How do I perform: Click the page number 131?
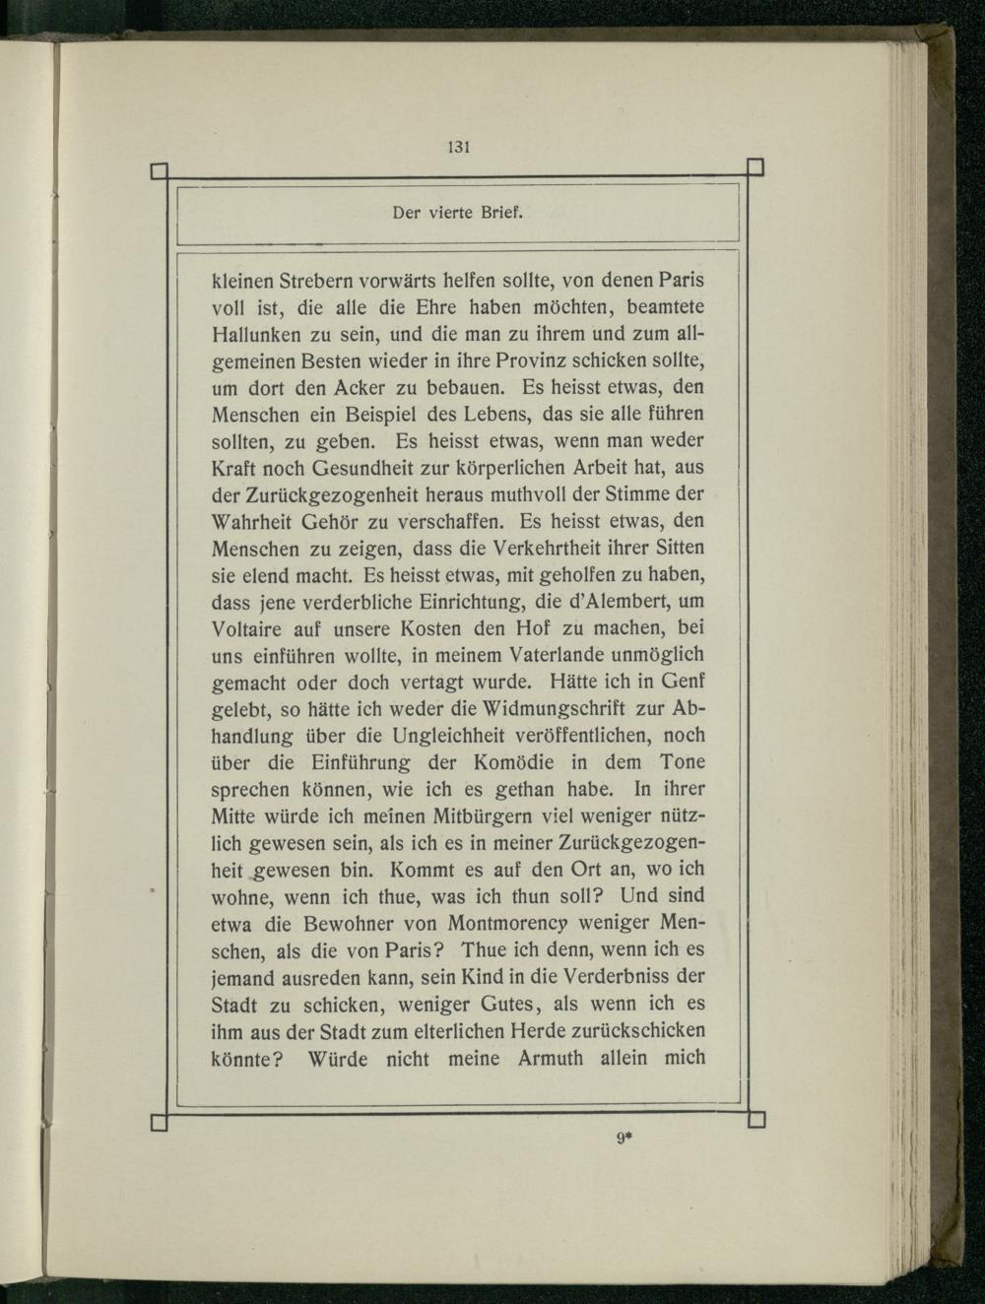coord(458,148)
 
